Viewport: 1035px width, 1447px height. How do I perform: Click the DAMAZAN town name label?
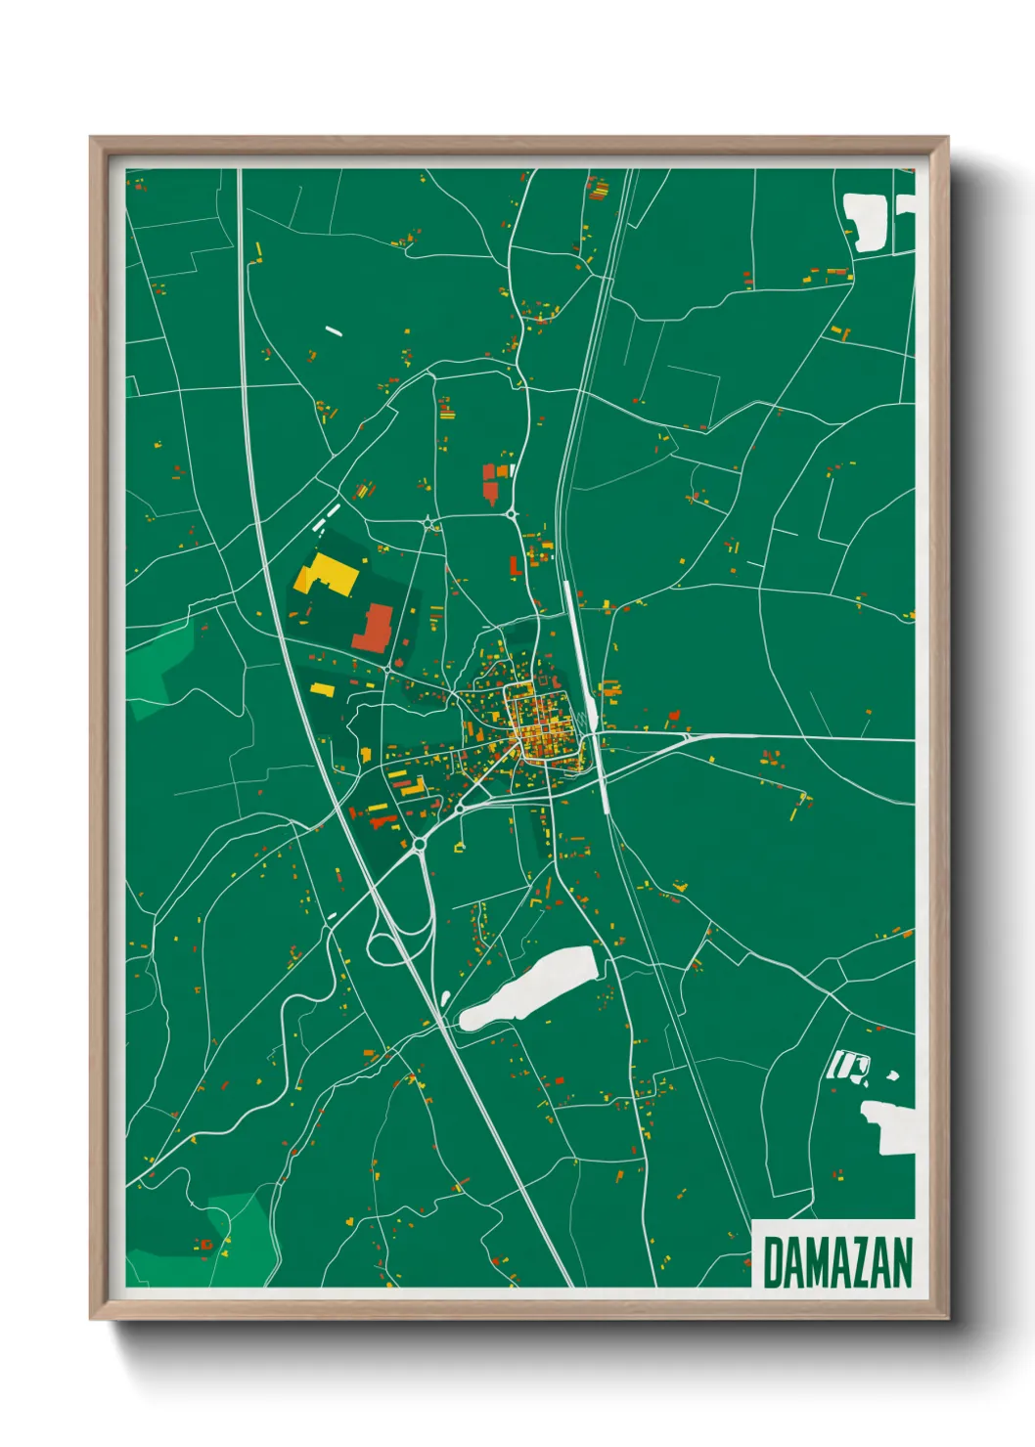point(836,1262)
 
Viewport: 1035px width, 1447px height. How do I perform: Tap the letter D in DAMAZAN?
point(772,1262)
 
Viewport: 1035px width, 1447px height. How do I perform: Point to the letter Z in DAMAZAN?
point(855,1262)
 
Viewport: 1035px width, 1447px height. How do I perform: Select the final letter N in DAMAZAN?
point(902,1262)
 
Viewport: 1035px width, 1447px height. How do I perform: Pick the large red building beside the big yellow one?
point(373,628)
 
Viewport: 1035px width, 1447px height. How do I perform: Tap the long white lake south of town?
point(529,987)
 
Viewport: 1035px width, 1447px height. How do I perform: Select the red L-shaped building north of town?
point(514,566)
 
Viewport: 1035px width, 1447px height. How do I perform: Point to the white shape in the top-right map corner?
point(866,221)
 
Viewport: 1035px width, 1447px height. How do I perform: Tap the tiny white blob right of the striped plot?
point(891,1076)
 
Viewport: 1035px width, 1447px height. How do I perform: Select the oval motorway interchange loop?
point(400,934)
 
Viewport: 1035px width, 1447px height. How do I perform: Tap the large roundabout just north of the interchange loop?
point(419,844)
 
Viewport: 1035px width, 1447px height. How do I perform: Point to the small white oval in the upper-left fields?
point(334,330)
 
